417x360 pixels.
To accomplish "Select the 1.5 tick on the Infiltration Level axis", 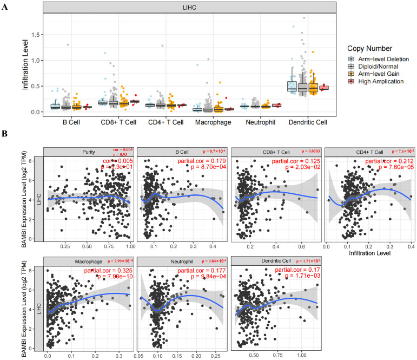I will click(36, 35).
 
